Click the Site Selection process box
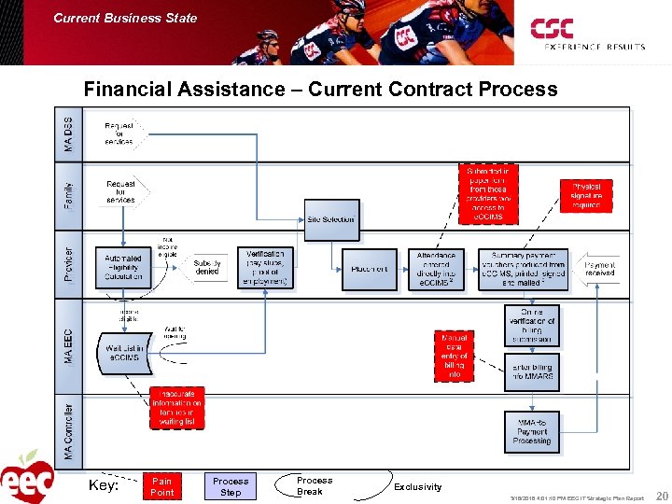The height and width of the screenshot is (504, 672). tap(331, 219)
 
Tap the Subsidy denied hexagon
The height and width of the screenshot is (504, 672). tap(207, 268)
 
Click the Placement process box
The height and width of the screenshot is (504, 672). tap(370, 270)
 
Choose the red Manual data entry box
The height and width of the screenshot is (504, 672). tap(454, 356)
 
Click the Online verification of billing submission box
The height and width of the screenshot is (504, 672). tap(532, 327)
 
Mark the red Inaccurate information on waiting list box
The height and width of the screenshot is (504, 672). tap(177, 408)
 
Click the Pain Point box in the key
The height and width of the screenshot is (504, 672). tap(161, 486)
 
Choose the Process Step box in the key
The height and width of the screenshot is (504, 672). tap(231, 486)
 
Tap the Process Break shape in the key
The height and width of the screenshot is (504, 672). tap(314, 486)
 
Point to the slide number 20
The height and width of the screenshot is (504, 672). tap(662, 497)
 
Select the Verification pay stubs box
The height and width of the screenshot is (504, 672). tap(267, 268)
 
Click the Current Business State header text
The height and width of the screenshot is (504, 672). tap(125, 18)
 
